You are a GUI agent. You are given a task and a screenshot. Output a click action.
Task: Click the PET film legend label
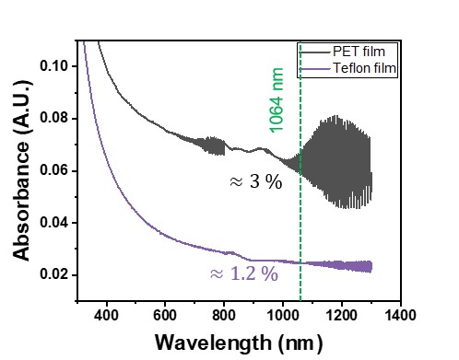click(x=359, y=52)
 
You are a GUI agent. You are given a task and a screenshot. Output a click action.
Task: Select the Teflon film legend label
click(x=365, y=68)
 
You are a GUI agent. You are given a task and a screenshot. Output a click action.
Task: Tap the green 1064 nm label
click(x=277, y=100)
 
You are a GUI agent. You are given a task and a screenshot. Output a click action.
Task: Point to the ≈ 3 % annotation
click(x=256, y=181)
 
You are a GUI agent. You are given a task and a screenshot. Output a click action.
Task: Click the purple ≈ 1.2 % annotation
click(x=244, y=273)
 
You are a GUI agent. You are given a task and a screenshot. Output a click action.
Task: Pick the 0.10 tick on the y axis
click(x=53, y=66)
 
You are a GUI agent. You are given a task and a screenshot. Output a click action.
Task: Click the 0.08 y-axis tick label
click(x=53, y=118)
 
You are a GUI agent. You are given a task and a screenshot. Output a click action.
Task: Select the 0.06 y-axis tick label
click(x=53, y=170)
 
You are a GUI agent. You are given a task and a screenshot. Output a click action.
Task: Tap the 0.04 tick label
click(x=53, y=222)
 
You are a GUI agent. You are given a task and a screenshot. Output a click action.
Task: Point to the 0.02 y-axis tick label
click(x=53, y=274)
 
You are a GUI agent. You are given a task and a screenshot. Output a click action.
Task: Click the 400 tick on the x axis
click(x=106, y=315)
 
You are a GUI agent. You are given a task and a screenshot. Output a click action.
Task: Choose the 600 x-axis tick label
click(x=165, y=315)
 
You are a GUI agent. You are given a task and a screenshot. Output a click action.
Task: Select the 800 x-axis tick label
click(x=224, y=315)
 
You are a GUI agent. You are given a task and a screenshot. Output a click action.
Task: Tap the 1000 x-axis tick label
click(x=283, y=315)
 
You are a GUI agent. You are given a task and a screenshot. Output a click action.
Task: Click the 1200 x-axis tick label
click(x=341, y=315)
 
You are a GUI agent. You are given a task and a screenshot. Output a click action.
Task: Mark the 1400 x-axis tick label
click(x=400, y=315)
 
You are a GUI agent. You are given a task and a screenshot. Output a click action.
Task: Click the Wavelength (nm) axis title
click(x=239, y=343)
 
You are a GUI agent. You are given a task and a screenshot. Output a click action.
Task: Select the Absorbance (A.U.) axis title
click(x=22, y=170)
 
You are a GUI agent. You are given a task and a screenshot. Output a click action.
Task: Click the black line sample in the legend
click(x=314, y=52)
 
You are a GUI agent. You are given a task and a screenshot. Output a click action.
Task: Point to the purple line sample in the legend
click(x=314, y=69)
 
